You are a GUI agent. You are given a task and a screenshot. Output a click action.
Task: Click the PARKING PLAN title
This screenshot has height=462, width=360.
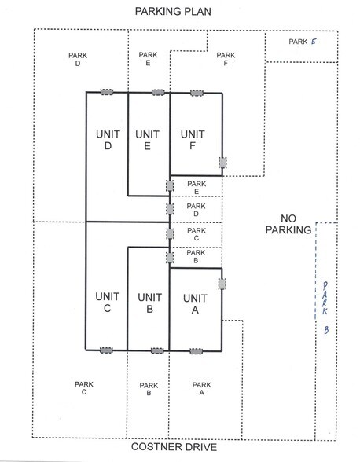[173, 12]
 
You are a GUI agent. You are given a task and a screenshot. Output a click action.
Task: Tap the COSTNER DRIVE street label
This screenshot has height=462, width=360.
[174, 446]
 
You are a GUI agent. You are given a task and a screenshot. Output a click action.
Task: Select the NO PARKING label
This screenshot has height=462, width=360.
[288, 224]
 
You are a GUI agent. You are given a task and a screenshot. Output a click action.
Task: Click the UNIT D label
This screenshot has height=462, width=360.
[108, 140]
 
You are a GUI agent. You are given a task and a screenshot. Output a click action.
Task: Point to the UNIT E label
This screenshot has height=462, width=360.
[148, 140]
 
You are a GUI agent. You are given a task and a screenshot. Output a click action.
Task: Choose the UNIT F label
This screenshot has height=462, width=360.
[193, 140]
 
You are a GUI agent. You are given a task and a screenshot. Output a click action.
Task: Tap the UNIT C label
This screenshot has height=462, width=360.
[108, 302]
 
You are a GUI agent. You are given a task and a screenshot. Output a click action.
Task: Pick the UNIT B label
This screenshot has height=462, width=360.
[150, 303]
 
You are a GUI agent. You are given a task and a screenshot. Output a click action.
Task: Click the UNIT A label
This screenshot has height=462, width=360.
[195, 304]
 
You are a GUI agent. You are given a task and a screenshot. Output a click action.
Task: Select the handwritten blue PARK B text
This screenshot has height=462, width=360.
[325, 308]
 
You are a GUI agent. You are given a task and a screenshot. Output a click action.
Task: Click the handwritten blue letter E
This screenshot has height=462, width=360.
[314, 42]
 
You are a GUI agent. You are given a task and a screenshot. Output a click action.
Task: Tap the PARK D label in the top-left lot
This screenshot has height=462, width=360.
[78, 59]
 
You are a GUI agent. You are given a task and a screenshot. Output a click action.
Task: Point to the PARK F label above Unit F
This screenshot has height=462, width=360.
[226, 59]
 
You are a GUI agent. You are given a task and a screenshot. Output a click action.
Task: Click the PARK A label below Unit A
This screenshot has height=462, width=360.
[202, 389]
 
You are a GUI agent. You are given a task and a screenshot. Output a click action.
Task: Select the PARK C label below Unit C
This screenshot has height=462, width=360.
[84, 388]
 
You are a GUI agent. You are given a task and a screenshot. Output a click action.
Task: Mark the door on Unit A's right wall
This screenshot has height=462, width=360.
[222, 284]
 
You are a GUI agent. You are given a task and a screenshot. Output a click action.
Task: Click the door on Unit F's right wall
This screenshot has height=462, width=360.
[222, 163]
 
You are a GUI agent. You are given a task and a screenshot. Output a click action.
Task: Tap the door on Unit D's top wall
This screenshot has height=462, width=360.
[107, 92]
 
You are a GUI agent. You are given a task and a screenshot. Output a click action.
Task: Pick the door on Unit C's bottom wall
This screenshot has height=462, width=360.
[106, 350]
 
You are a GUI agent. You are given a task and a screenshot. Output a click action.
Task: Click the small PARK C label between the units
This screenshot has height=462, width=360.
[197, 234]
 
